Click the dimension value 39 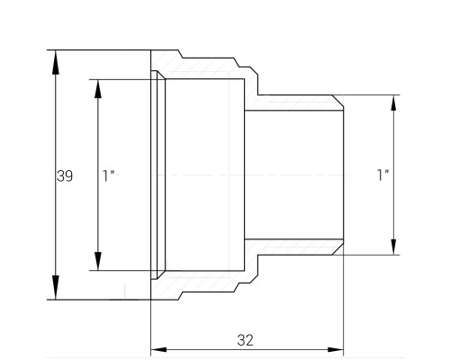65,176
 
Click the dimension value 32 245,340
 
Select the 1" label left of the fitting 109,175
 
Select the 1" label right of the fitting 382,175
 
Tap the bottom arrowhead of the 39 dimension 56,287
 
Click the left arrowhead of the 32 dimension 158,350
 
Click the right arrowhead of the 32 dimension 336,350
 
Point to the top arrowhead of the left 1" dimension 98,89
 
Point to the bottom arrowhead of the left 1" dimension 98,261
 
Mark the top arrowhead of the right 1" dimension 393,103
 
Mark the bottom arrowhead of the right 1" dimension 393,247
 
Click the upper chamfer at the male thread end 337,101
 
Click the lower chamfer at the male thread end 337,249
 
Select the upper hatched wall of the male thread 294,103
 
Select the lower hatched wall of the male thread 294,247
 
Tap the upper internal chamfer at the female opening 161,75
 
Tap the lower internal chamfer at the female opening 161,275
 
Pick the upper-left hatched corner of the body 166,60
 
